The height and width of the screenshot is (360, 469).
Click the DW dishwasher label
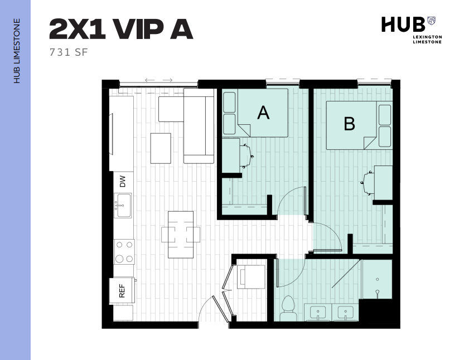tap(123, 181)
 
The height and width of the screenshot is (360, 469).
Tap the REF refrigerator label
tap(122, 291)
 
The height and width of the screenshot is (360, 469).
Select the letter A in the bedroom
tap(263, 113)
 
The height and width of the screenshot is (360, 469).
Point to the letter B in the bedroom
tap(349, 123)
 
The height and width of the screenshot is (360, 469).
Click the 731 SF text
tap(69, 52)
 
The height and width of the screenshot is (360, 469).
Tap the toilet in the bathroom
tap(288, 309)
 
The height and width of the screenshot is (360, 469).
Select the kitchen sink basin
tap(123, 205)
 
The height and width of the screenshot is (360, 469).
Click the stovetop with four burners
tap(124, 252)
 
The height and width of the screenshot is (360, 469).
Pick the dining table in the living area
tap(181, 235)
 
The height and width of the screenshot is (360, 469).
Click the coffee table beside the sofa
tap(161, 148)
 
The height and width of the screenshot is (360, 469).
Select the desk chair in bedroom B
tap(368, 183)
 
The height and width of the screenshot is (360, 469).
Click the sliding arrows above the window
tap(159, 80)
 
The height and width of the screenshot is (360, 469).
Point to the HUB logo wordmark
tap(403, 25)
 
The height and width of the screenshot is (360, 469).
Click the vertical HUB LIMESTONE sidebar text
tap(17, 51)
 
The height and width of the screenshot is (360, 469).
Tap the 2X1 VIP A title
tap(121, 29)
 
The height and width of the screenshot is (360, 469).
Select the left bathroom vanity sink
tap(318, 313)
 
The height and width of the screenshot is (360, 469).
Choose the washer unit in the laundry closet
tap(251, 276)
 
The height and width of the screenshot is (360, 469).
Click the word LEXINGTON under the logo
tap(427, 37)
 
